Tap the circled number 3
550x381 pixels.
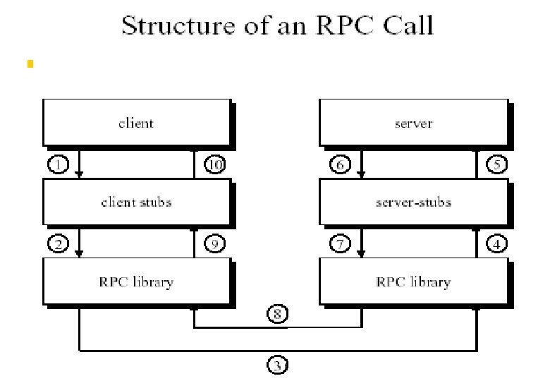coord(279,365)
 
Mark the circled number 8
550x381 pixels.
coord(279,313)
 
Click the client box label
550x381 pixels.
coord(136,123)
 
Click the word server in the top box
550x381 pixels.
coord(412,123)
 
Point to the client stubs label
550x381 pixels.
coord(136,202)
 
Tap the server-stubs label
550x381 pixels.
coord(412,202)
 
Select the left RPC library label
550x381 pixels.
coord(136,282)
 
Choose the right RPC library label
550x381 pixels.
coord(412,282)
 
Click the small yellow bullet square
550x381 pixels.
coord(30,64)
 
